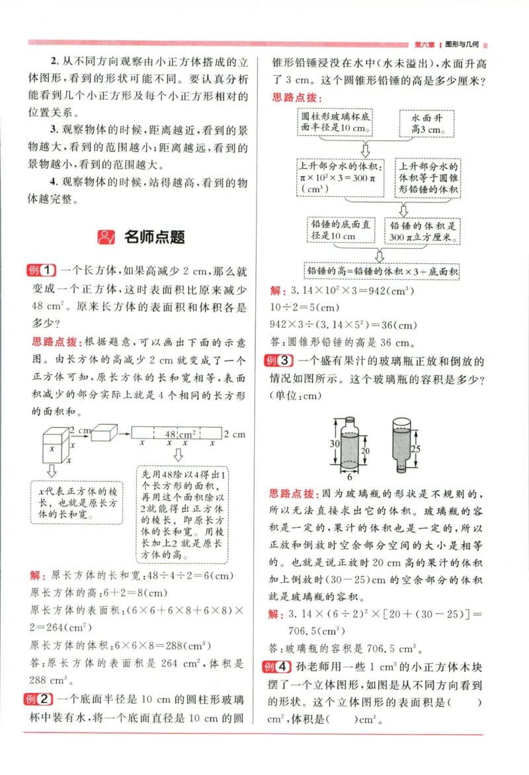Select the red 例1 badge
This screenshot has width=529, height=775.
coord(42,270)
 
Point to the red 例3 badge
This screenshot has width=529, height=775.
coord(278,361)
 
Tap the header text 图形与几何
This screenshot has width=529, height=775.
coord(462,44)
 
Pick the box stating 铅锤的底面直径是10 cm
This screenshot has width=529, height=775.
coord(340,231)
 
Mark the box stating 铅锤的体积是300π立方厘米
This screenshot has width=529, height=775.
coord(423,231)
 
